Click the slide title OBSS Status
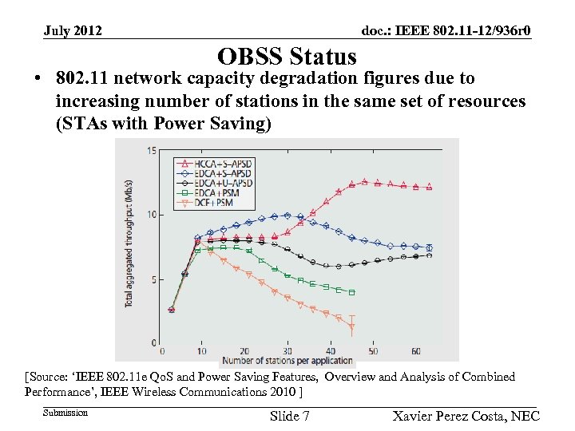tap(287, 57)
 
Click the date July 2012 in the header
tap(73, 31)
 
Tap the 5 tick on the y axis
tap(153, 279)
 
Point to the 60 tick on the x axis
tap(416, 351)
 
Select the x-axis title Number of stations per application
tap(287, 361)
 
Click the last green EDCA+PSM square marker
tap(351, 292)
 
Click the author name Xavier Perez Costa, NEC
tap(466, 416)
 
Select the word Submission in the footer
tap(65, 413)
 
